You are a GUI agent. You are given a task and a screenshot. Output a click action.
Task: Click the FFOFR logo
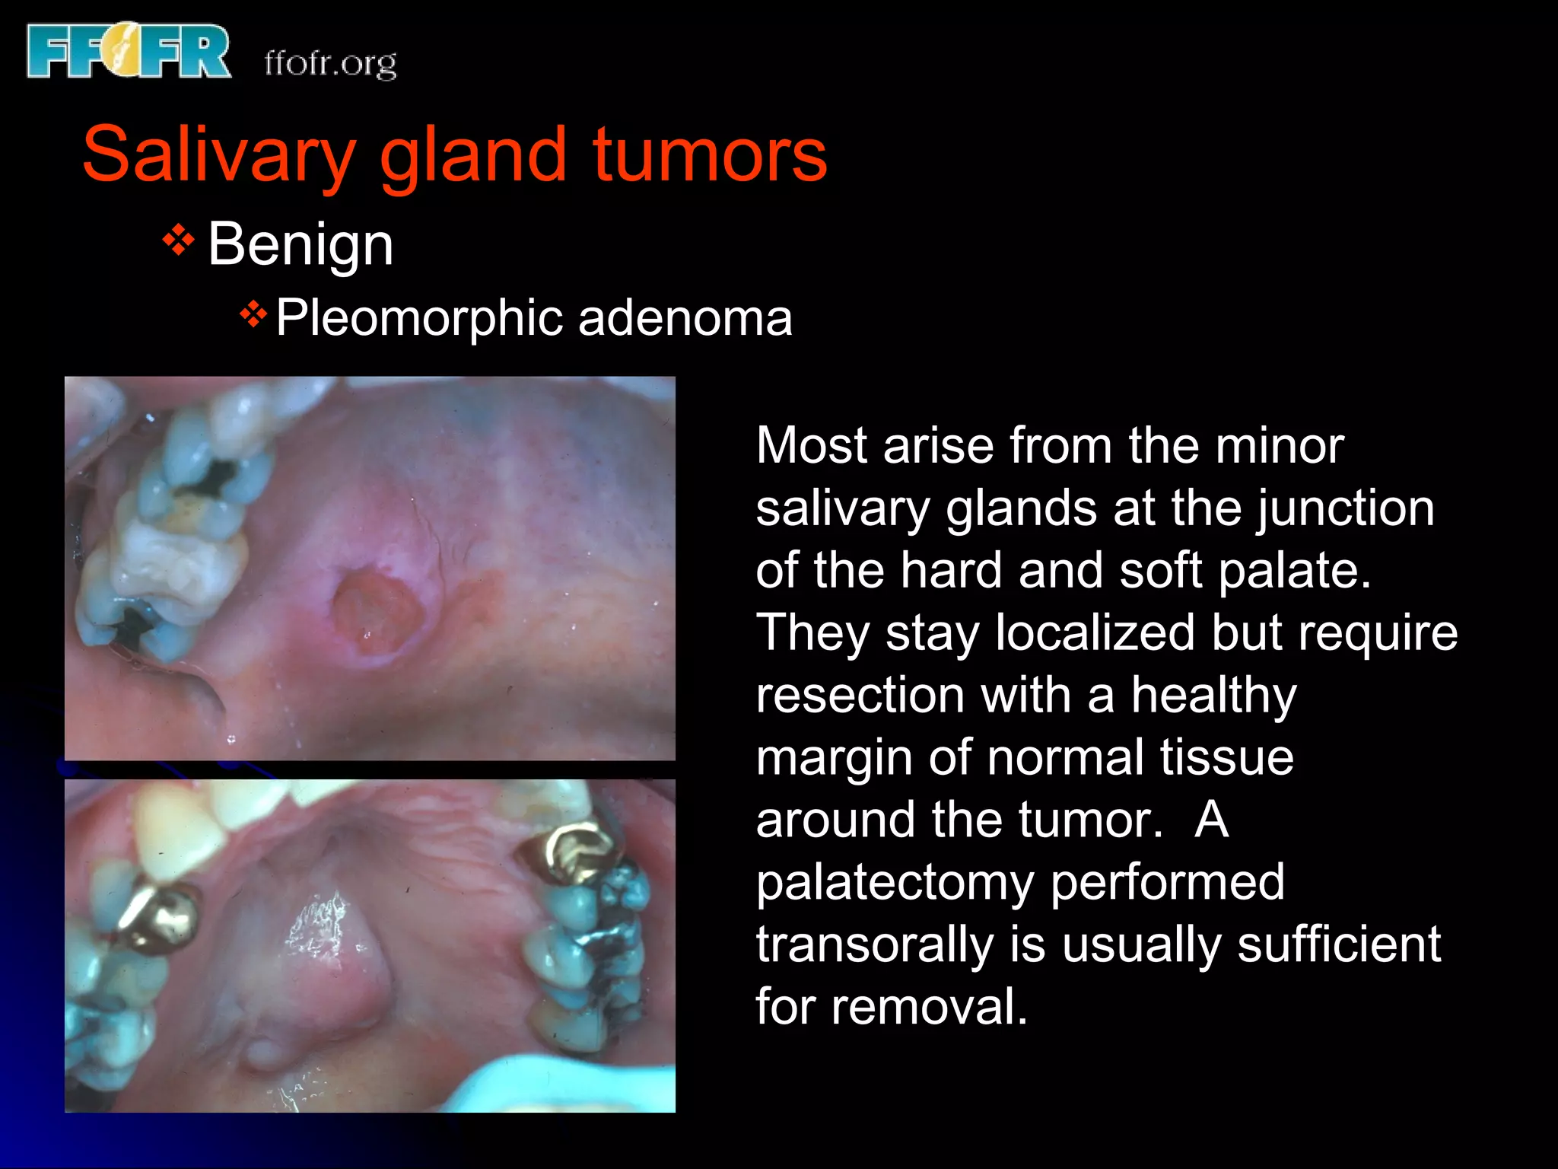pos(128,52)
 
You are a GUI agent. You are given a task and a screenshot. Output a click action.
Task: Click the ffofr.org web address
pos(330,64)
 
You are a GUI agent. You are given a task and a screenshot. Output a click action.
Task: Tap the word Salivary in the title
pos(219,155)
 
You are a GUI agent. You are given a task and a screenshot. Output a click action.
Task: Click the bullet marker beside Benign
pos(178,242)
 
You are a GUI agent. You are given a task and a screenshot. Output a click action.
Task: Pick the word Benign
pos(300,245)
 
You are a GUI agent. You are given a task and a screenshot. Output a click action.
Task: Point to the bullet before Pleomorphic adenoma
pos(253,314)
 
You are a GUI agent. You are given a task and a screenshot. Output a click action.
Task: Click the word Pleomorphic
pos(419,318)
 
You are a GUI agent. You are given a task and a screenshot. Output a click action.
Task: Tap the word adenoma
pos(685,318)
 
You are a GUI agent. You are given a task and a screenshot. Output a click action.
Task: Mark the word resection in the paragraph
pos(860,696)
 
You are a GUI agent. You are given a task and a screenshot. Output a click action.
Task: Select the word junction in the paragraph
pos(1345,508)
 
